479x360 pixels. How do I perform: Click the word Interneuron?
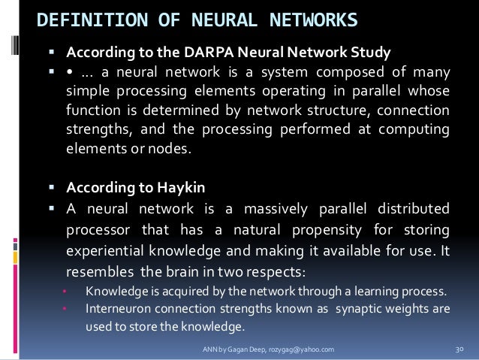(119, 307)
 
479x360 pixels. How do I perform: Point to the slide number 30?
(460, 350)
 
